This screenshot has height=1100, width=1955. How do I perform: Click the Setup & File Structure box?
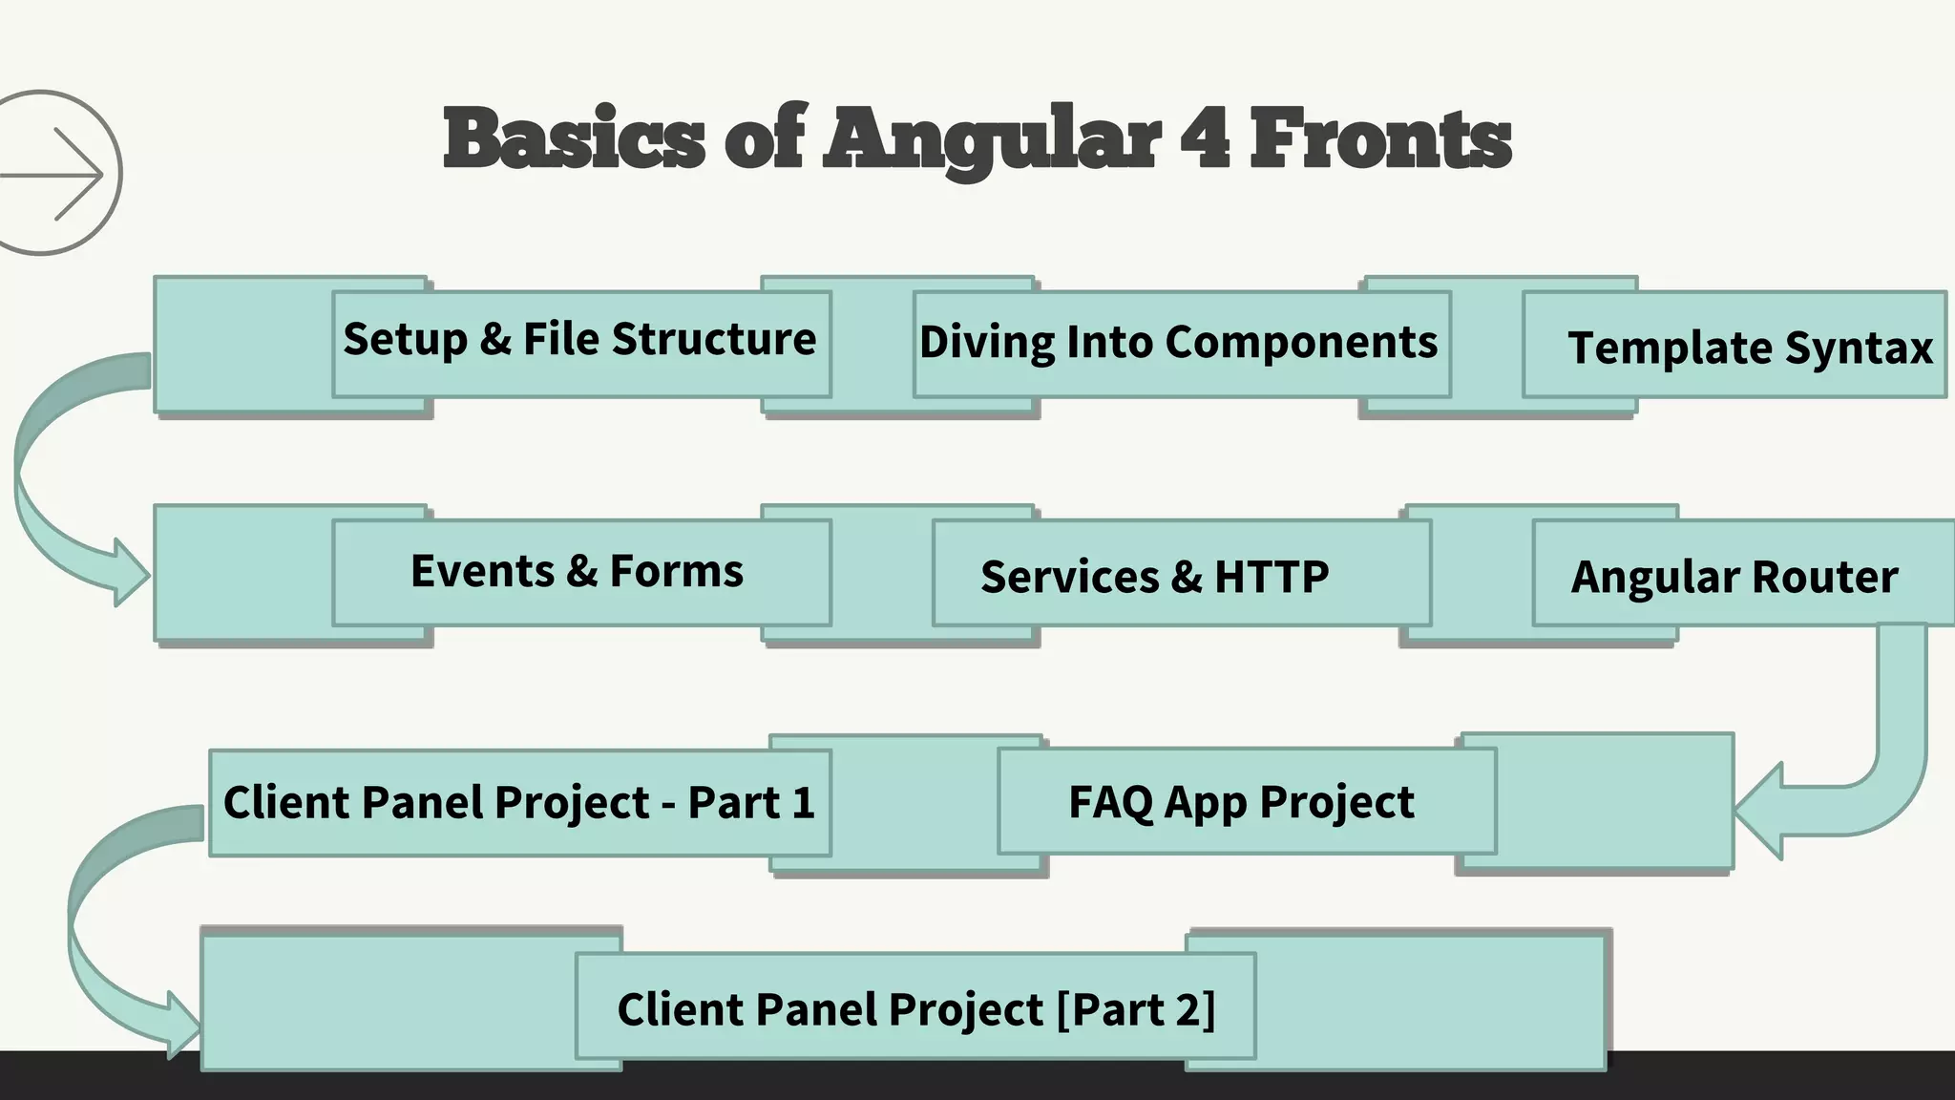pyautogui.click(x=580, y=341)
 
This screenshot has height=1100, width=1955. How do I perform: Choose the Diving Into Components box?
pyautogui.click(x=1179, y=343)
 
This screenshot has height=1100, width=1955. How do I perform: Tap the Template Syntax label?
pyautogui.click(x=1749, y=347)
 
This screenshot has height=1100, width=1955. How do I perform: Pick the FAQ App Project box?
pyautogui.click(x=1241, y=802)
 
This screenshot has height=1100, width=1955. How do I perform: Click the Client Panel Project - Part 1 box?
pyautogui.click(x=519, y=802)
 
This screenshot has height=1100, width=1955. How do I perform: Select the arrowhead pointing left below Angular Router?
pyautogui.click(x=1761, y=812)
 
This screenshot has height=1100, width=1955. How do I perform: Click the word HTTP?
pyautogui.click(x=1272, y=577)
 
